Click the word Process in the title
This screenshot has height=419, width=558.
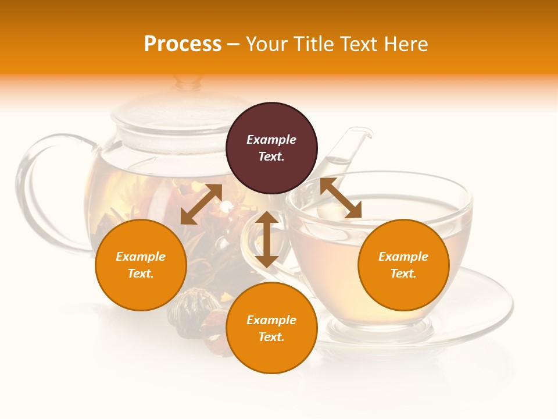tap(183, 44)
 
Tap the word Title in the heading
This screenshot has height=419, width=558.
tap(312, 44)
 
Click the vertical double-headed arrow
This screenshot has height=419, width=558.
tap(267, 239)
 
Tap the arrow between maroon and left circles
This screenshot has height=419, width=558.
tap(201, 204)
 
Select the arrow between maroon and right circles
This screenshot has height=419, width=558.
tap(341, 198)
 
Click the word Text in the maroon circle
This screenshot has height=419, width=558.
tap(271, 157)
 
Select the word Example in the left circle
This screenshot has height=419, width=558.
tap(141, 257)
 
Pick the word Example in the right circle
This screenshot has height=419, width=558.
tap(403, 257)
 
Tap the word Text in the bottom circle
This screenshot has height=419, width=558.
tap(271, 337)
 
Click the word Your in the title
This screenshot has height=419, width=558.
tap(267, 44)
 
